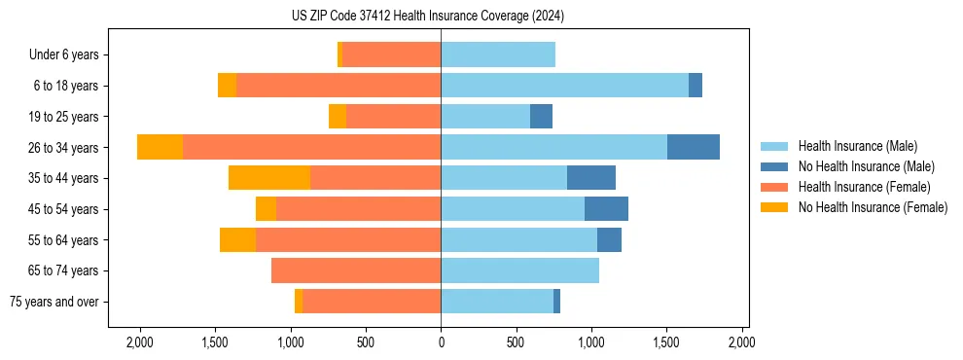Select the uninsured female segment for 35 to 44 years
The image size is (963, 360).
pyautogui.click(x=269, y=178)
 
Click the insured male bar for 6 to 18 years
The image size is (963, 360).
pyautogui.click(x=564, y=86)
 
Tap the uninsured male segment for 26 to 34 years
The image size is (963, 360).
pyautogui.click(x=694, y=147)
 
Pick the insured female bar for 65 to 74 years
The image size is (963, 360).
pyautogui.click(x=356, y=270)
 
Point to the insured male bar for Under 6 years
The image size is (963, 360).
pyautogui.click(x=498, y=54)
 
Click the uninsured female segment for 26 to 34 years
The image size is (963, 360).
pyautogui.click(x=160, y=147)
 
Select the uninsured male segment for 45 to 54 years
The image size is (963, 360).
pyautogui.click(x=606, y=209)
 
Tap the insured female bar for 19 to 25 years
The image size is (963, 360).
pyautogui.click(x=393, y=117)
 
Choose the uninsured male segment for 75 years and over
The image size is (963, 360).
pyautogui.click(x=556, y=302)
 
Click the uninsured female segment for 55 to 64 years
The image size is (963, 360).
pyautogui.click(x=237, y=239)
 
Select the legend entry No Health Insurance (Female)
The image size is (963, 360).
pyautogui.click(x=873, y=207)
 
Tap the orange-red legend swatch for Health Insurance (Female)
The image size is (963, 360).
pyautogui.click(x=774, y=187)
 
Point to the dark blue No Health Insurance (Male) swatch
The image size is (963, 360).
pyautogui.click(x=774, y=166)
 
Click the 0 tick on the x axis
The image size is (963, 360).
pyautogui.click(x=441, y=343)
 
